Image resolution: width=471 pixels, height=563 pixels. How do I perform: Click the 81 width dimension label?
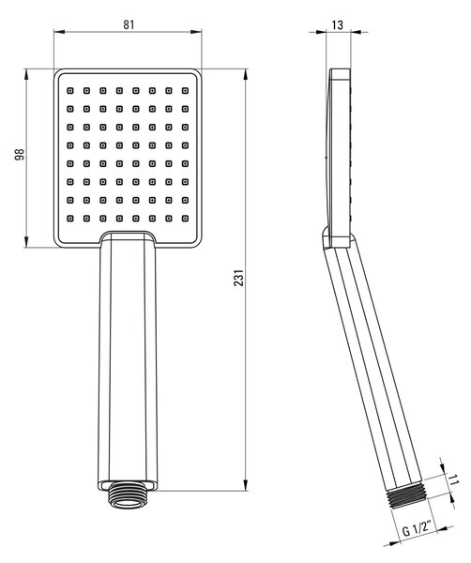pos(129,24)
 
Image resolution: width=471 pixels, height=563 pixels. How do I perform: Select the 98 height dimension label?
pos(20,154)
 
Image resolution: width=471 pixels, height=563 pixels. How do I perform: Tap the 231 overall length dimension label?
pos(238,278)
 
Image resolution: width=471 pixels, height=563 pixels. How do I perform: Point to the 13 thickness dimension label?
pos(338,25)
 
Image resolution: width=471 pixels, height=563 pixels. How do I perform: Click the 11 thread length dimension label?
pos(454,479)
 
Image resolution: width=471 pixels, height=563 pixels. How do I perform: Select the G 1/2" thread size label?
pos(417,529)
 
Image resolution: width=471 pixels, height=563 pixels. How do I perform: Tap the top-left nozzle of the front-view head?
pos(70,90)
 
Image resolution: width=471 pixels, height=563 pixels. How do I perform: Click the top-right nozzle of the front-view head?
pos(185,90)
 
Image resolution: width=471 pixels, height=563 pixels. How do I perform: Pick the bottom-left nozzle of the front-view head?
pos(70,218)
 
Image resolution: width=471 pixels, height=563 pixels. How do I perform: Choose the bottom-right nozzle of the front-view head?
pos(185,218)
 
